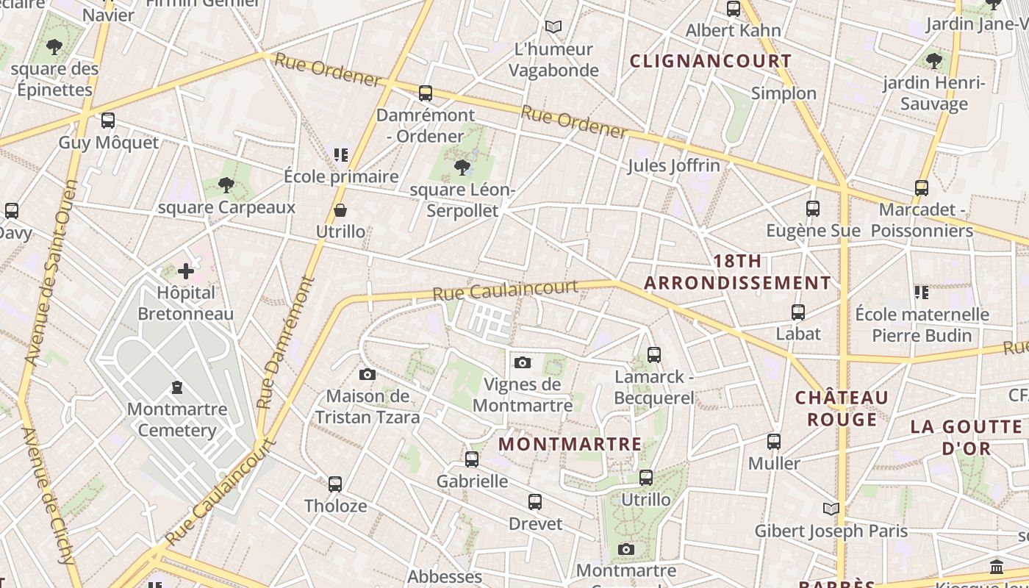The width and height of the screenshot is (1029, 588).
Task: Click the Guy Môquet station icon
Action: coord(108,121)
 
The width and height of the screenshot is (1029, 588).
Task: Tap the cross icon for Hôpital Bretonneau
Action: coord(186,271)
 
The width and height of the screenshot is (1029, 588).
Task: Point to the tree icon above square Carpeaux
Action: coord(226,185)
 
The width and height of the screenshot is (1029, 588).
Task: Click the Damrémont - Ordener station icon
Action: coord(426,93)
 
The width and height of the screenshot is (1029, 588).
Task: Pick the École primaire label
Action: coord(341,176)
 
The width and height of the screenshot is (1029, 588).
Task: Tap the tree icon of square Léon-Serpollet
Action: coord(462,168)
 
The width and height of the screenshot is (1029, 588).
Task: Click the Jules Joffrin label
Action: coord(673,165)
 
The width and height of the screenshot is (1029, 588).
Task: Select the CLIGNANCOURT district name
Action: coord(711,61)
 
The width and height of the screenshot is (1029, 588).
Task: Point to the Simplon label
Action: coord(784,93)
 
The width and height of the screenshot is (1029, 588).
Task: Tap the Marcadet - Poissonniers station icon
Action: coord(922,187)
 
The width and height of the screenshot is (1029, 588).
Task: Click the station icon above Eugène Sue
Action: coord(812,209)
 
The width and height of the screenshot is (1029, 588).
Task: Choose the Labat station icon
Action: coord(798,312)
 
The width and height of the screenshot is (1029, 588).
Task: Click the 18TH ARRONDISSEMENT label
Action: coord(737,272)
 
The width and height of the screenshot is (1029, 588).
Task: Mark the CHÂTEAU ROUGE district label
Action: coord(842,409)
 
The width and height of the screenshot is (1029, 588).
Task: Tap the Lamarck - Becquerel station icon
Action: coord(654,355)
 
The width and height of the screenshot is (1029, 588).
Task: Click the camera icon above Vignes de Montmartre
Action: coord(523,362)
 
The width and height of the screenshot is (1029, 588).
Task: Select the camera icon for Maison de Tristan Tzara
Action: coord(367,375)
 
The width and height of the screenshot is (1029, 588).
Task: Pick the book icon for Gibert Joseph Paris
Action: coord(831,509)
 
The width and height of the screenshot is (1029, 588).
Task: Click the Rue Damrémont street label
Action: coord(286,342)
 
